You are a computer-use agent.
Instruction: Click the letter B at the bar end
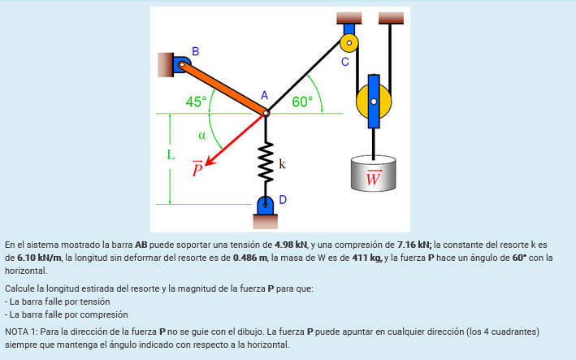(x=194, y=51)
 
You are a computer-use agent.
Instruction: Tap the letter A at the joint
(x=264, y=96)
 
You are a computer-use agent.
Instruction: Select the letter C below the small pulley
(x=344, y=62)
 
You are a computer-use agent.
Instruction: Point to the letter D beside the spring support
(x=283, y=198)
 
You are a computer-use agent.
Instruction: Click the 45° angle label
(x=197, y=102)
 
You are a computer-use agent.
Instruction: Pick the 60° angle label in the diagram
(x=302, y=102)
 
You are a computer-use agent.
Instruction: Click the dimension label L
(x=171, y=154)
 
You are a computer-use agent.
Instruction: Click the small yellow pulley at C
(x=349, y=40)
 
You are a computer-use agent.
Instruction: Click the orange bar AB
(x=224, y=87)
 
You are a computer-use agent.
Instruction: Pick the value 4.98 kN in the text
(x=291, y=244)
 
